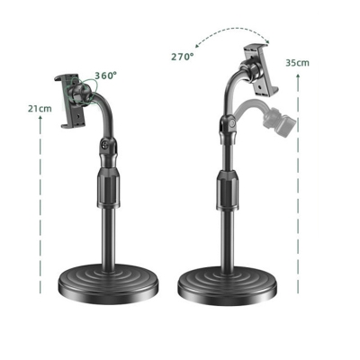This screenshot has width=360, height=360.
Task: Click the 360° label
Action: [x=105, y=76]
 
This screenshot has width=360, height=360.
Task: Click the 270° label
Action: [x=183, y=56]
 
